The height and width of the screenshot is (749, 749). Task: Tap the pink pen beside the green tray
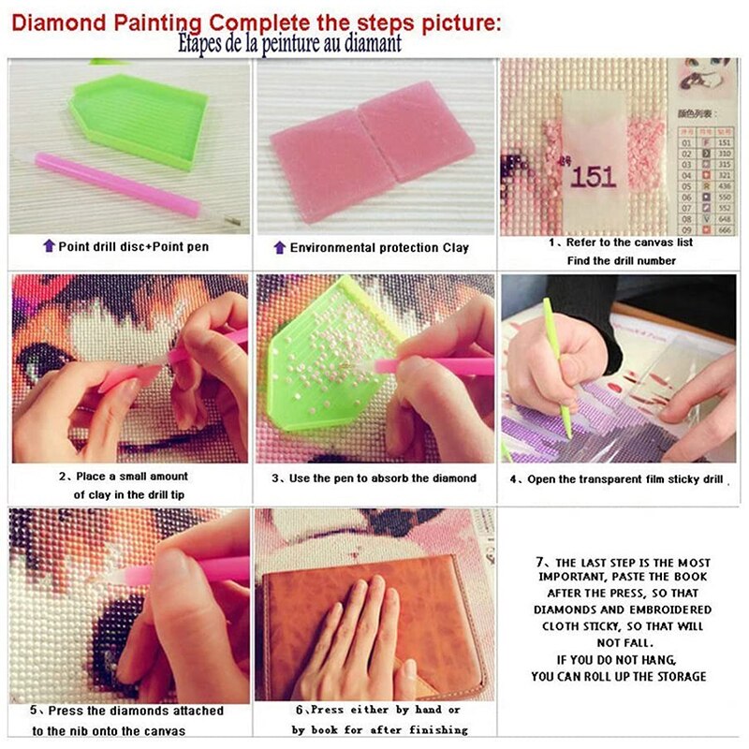[x=117, y=184]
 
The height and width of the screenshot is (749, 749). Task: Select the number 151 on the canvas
[x=592, y=176]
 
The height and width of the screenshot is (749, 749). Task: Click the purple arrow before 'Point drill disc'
[x=49, y=246]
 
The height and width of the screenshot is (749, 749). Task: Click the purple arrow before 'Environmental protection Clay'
[x=279, y=247]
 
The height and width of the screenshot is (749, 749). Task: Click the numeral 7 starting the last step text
[x=540, y=562]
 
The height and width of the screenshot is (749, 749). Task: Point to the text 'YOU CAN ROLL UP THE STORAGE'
[x=618, y=676]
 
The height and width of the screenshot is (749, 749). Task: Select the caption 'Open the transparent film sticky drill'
[x=623, y=478]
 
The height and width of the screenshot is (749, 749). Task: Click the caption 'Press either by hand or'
[x=379, y=711]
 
